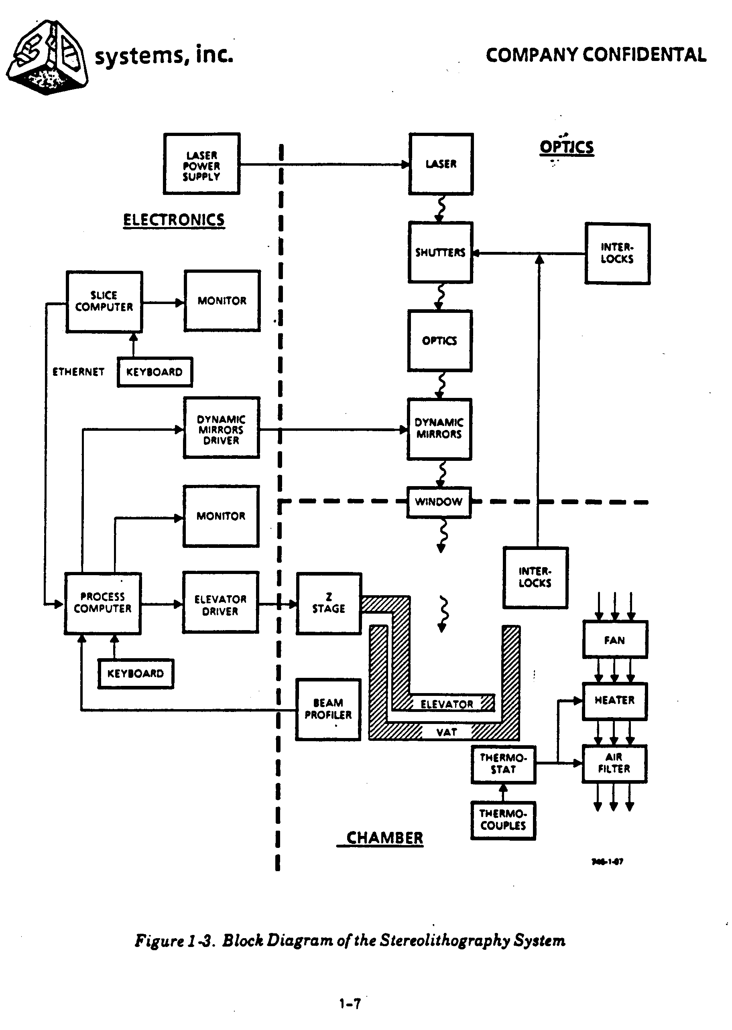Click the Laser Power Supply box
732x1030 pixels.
coord(201,164)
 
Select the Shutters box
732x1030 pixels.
coord(440,252)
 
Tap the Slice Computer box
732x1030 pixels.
coord(104,302)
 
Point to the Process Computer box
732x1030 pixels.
coord(103,603)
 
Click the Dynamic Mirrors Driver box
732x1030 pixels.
coord(221,428)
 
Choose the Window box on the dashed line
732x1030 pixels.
coord(439,502)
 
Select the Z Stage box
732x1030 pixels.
coord(329,604)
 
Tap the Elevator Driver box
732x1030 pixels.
coord(220,603)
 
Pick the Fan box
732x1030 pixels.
coord(615,639)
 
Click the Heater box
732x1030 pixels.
coord(615,701)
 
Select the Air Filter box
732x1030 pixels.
coord(614,763)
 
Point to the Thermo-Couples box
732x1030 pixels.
coord(503,820)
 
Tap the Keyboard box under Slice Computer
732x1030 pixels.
coord(155,372)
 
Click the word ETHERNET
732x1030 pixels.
coord(78,372)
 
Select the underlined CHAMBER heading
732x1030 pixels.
coord(384,838)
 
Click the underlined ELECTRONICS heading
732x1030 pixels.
coord(174,220)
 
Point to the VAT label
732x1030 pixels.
coord(447,732)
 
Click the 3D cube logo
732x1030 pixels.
coord(47,58)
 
